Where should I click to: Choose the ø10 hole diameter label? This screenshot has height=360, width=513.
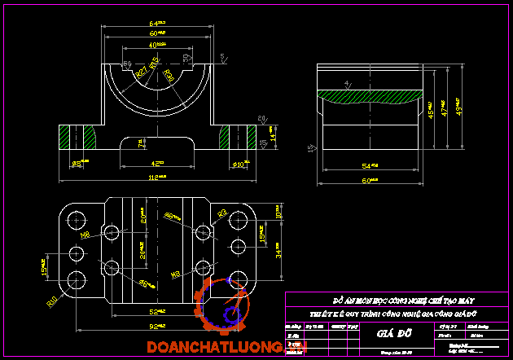(x=239, y=165)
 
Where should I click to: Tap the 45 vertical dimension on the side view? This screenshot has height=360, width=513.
(x=431, y=115)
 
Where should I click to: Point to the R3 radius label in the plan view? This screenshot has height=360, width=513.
(x=221, y=213)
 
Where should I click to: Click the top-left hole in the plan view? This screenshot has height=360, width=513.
(x=77, y=219)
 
